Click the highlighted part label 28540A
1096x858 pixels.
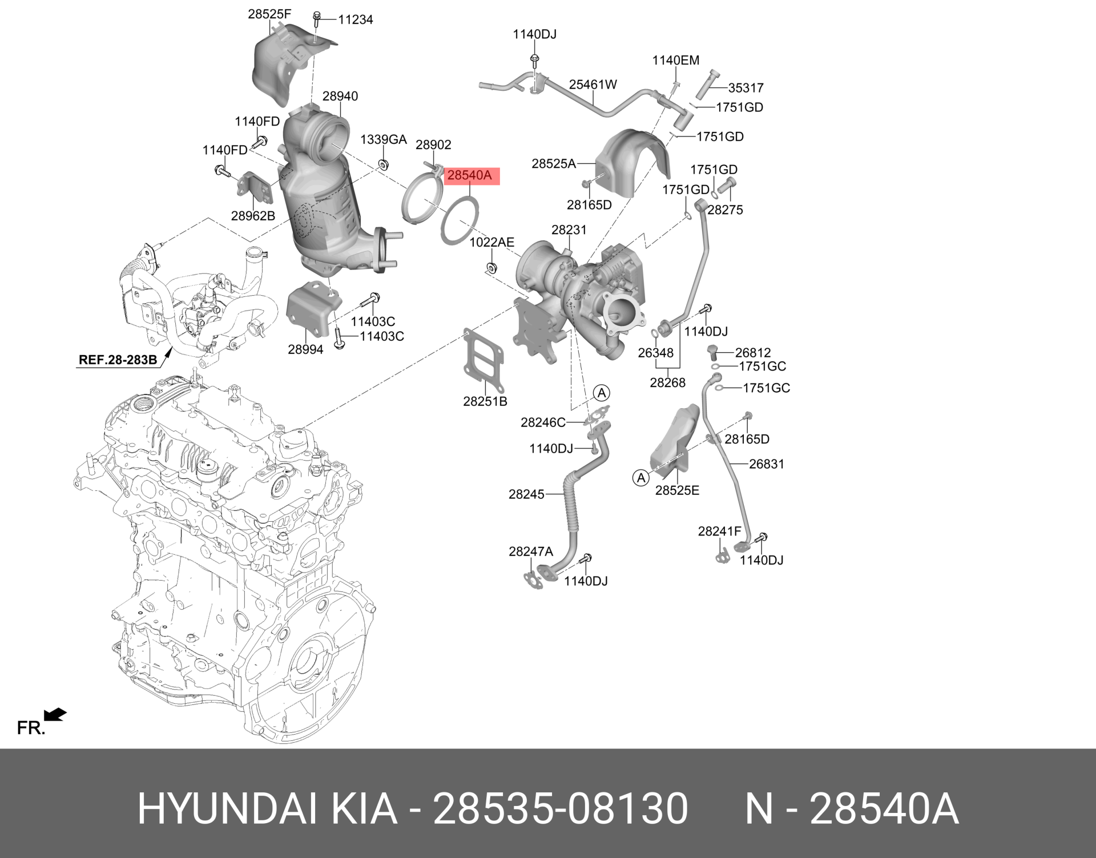[469, 176]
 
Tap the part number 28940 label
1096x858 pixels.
[340, 96]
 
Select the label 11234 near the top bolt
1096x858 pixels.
[355, 19]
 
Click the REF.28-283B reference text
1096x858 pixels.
[118, 360]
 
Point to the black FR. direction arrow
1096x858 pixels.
[55, 714]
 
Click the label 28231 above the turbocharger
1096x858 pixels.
[569, 229]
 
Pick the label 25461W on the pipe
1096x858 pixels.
[593, 84]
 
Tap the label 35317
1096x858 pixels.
[746, 88]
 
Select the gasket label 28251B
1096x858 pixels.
[485, 401]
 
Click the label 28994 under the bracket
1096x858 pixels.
[305, 349]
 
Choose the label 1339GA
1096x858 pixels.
[383, 139]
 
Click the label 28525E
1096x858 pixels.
[677, 490]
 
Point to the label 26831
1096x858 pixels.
[767, 464]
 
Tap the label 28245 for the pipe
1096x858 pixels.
[526, 494]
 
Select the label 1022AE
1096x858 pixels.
[492, 242]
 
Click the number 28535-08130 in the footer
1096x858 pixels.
[561, 809]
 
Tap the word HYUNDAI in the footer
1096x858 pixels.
[227, 809]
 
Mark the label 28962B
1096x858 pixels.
[253, 216]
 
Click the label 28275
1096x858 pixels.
[725, 210]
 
